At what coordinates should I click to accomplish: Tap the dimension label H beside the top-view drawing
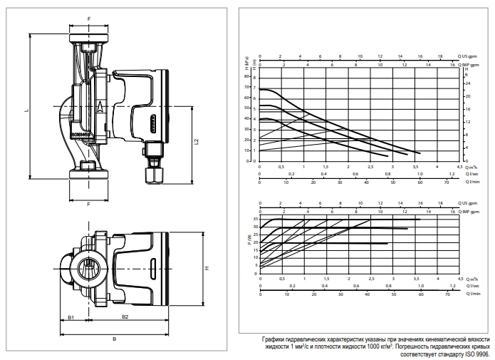(x=206, y=269)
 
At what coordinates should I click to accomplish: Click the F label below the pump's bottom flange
(x=88, y=205)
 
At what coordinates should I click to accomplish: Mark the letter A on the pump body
(x=100, y=107)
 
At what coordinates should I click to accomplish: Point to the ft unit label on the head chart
(x=467, y=74)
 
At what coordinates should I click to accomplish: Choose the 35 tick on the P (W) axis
(x=255, y=219)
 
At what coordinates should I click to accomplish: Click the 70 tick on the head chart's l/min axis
(x=447, y=182)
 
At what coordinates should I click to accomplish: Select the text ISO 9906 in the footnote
(x=476, y=353)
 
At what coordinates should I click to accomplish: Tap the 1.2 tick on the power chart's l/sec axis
(x=452, y=285)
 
